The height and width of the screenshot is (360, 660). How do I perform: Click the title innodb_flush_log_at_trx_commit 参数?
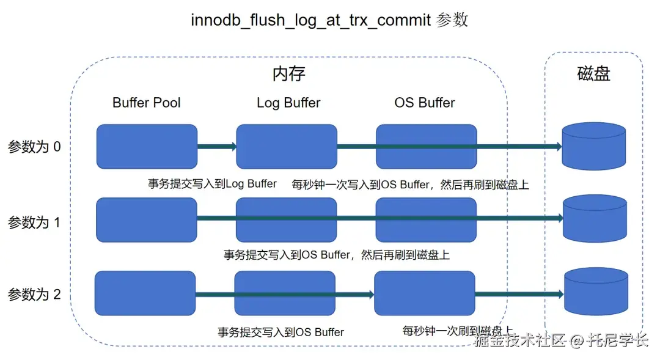[x=329, y=20]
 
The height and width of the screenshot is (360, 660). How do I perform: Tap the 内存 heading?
[x=288, y=74]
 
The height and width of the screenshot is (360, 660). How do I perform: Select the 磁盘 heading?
[x=593, y=74]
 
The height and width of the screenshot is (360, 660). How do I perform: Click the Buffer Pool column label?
[x=147, y=103]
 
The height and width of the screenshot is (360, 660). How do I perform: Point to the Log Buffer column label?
[x=288, y=103]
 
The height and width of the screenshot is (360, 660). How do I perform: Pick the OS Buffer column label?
[x=425, y=103]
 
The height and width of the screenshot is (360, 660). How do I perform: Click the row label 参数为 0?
[x=34, y=147]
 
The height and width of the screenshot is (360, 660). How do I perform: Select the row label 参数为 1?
[x=34, y=222]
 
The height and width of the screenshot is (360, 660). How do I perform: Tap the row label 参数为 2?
[x=34, y=294]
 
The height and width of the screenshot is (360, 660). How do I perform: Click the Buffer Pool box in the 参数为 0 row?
[x=147, y=147]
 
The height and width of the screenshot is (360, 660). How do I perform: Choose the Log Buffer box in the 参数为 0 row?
[x=287, y=147]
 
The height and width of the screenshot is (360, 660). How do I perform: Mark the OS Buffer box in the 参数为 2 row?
[x=424, y=293]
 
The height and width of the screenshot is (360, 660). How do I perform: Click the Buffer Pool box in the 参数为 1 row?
[x=147, y=220]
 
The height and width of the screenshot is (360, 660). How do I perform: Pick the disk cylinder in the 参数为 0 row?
[x=593, y=147]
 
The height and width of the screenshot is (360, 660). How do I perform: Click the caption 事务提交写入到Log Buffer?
[x=212, y=183]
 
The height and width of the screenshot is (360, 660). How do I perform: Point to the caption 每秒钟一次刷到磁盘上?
[x=457, y=331]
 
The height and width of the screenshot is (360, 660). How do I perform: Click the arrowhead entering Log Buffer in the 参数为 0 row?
[x=232, y=147]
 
